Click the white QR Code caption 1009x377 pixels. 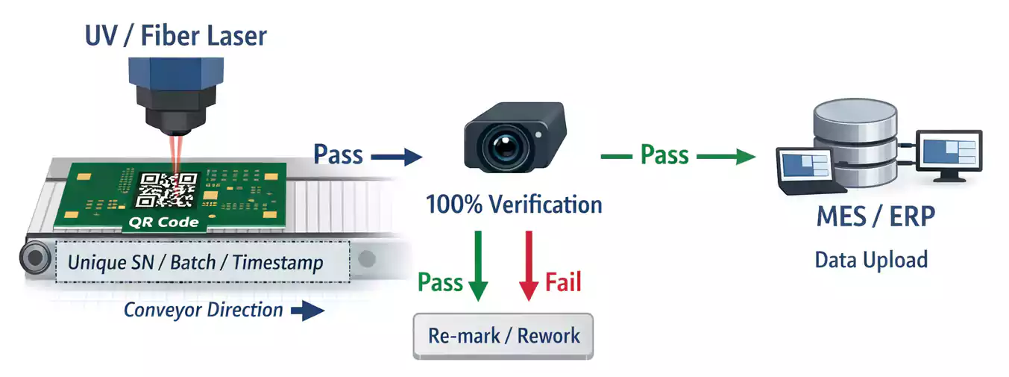164,222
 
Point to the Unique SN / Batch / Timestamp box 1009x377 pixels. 195,263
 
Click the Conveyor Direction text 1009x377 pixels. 203,310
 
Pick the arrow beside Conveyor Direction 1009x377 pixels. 307,311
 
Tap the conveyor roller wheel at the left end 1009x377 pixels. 33,260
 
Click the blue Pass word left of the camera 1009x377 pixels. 338,155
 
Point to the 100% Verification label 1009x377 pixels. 514,203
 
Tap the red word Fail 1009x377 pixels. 563,282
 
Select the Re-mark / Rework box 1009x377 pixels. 503,335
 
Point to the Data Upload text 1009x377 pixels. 871,260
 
